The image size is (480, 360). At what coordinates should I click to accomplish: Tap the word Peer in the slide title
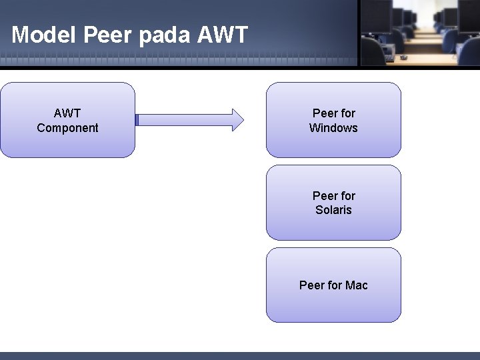point(109,35)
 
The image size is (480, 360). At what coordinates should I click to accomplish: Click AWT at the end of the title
point(223,35)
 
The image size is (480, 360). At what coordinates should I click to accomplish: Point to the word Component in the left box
point(67,128)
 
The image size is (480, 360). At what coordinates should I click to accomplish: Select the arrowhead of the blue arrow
point(237,120)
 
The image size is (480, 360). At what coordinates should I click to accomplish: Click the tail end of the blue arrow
point(137,120)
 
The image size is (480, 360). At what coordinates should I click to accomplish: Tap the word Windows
point(333,128)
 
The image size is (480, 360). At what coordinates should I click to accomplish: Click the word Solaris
point(333,210)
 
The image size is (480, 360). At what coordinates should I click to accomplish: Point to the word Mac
point(357,285)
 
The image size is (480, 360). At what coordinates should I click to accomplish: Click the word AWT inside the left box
point(67,113)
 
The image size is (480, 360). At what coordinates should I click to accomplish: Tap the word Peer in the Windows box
point(324,113)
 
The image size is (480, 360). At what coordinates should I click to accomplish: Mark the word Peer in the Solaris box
point(324,196)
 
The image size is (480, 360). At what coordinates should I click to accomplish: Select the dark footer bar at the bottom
point(240,355)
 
